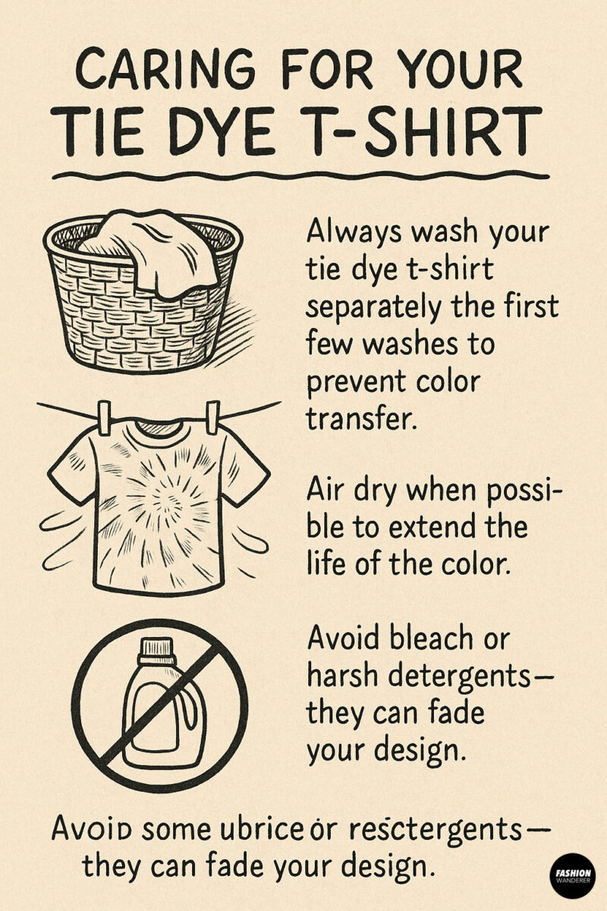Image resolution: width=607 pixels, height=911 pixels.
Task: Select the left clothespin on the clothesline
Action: (104, 414)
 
